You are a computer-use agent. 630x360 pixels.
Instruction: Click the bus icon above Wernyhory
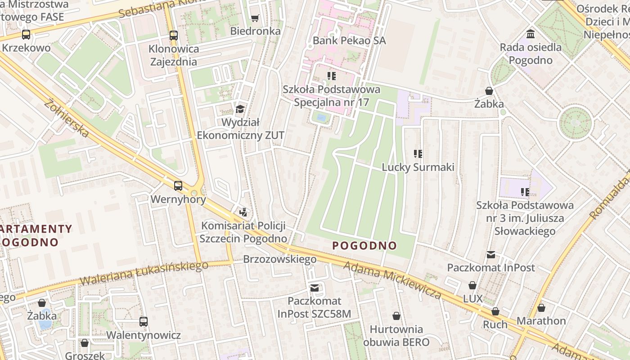click(178, 185)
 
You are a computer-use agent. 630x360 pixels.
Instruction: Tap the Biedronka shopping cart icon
click(255, 18)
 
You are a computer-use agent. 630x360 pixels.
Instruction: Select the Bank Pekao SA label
click(349, 40)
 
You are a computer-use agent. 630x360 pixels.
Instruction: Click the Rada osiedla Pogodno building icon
click(531, 34)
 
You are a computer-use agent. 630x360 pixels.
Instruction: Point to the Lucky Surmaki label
click(418, 167)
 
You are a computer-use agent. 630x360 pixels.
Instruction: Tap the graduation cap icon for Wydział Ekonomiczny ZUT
click(240, 109)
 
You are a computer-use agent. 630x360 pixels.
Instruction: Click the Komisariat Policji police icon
click(243, 212)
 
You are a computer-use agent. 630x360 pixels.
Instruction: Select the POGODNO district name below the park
click(364, 246)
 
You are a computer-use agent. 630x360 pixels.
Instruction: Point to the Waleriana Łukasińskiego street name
click(144, 272)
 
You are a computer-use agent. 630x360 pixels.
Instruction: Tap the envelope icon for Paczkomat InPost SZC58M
click(315, 288)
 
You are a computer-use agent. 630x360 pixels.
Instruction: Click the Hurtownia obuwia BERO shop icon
click(396, 316)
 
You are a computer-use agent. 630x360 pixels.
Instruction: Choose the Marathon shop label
click(541, 321)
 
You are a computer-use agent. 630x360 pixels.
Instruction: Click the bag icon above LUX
click(472, 285)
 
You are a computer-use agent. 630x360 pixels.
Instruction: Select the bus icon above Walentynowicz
click(144, 322)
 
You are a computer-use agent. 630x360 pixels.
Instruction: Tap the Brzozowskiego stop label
click(280, 259)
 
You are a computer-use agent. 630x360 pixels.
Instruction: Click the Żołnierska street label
click(67, 118)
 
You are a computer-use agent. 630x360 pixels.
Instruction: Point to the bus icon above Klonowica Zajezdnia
click(174, 35)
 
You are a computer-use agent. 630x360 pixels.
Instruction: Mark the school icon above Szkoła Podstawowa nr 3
click(525, 192)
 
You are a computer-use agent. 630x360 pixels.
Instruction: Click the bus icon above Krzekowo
click(26, 34)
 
